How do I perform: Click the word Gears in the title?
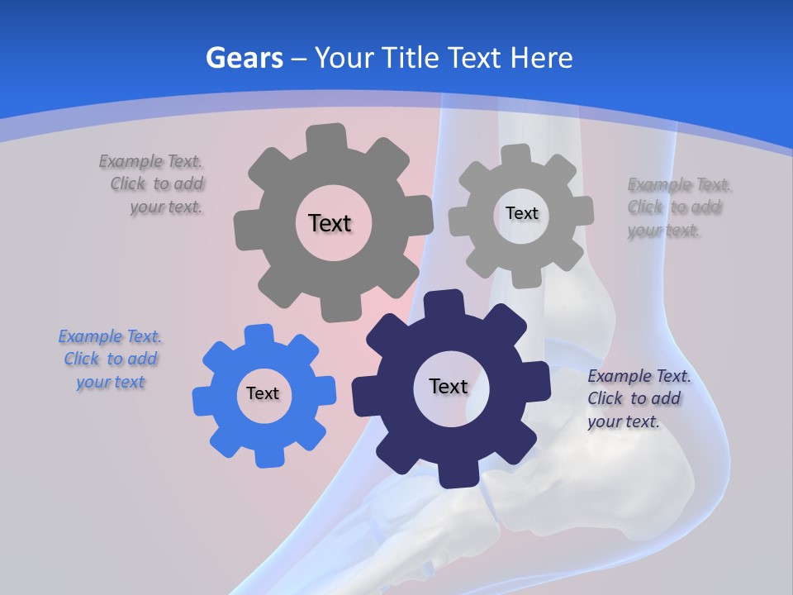pos(244,58)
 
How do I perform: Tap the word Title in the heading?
pos(410,58)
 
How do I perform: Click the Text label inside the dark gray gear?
pos(330,223)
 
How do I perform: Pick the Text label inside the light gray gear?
pos(521,213)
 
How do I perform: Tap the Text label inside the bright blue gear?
pos(263,394)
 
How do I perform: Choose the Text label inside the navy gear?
pos(449,386)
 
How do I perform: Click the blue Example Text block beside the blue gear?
pos(110,359)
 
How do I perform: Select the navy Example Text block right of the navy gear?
pos(638,398)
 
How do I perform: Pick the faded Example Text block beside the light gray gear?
pos(677,207)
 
